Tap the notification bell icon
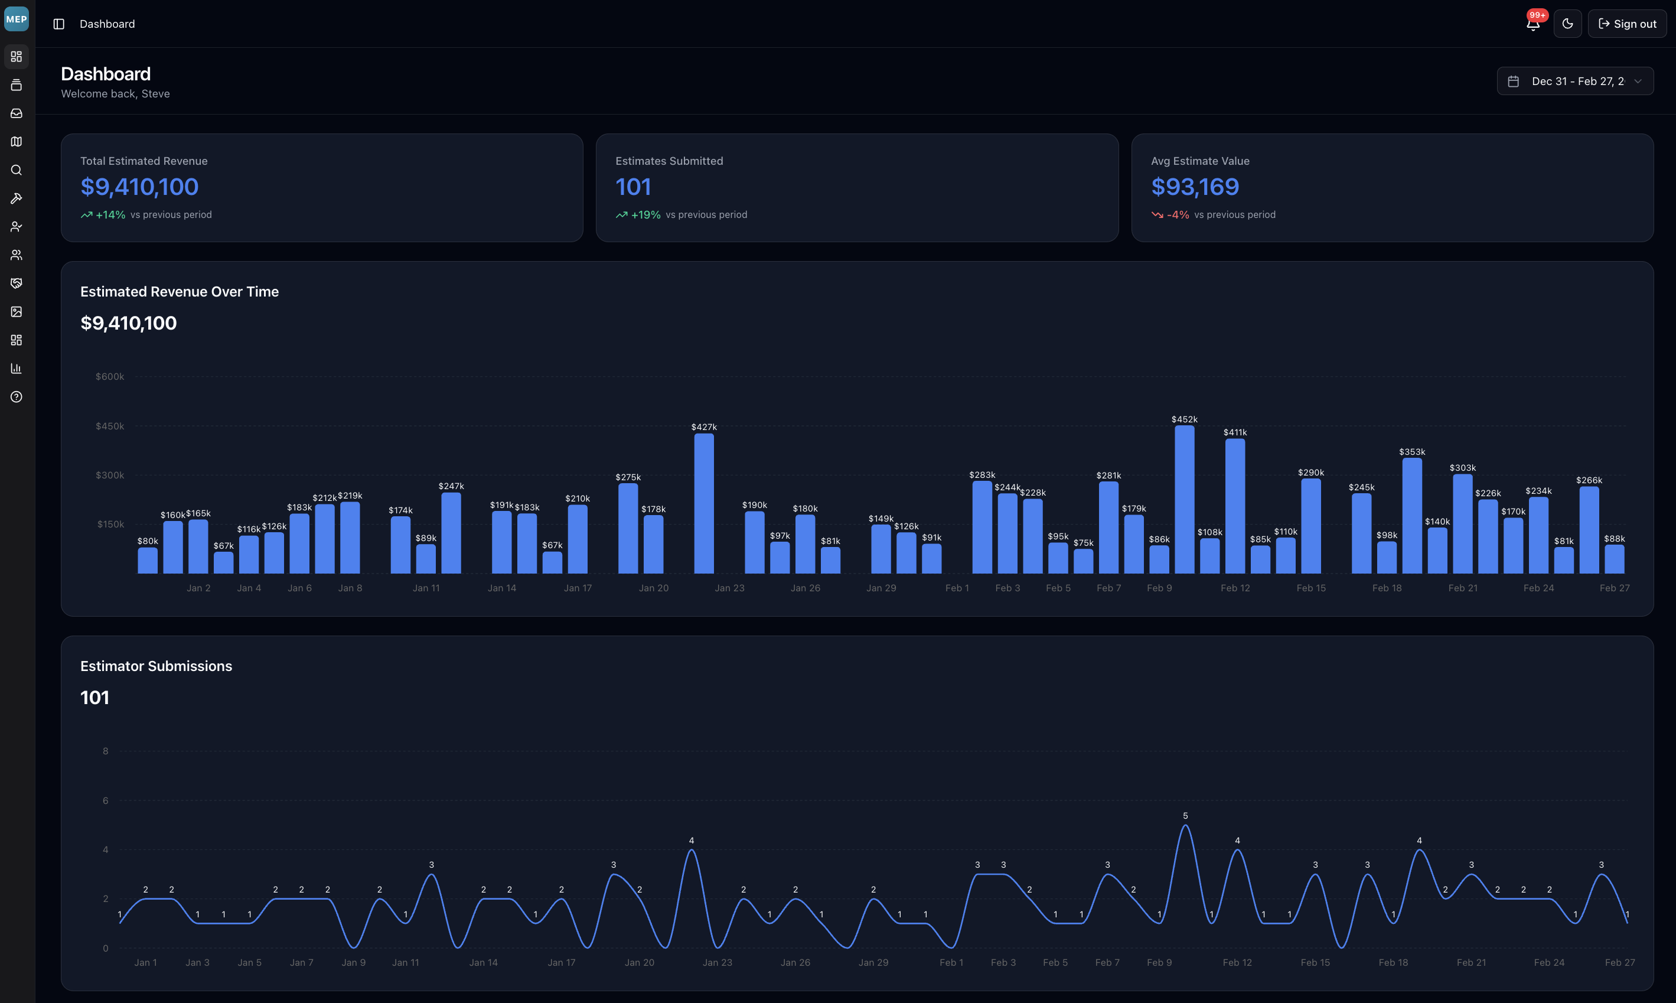(1532, 24)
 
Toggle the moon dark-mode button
(1567, 24)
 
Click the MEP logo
(16, 19)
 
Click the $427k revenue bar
(704, 503)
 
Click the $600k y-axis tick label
(109, 376)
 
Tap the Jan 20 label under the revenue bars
(653, 588)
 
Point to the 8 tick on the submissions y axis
(105, 751)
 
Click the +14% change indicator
(110, 215)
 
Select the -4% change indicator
(1178, 215)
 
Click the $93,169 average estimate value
(1194, 187)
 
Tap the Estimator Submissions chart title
(156, 666)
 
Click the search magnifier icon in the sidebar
(16, 170)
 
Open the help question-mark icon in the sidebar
(16, 397)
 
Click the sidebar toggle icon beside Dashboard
(59, 24)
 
